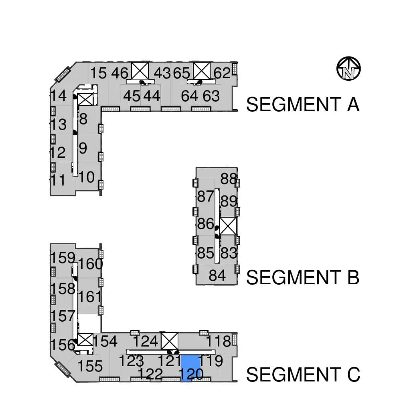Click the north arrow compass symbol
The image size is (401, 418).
pyautogui.click(x=348, y=69)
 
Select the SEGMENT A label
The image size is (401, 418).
pyautogui.click(x=303, y=104)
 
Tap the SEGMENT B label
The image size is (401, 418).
pyautogui.click(x=303, y=277)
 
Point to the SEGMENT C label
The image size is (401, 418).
pyautogui.click(x=303, y=374)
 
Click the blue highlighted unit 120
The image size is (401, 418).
pyautogui.click(x=190, y=369)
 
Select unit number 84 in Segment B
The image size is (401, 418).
pyautogui.click(x=217, y=275)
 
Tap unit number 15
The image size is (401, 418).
pyautogui.click(x=99, y=73)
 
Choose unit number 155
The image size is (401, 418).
pyautogui.click(x=90, y=366)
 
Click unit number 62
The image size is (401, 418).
pyautogui.click(x=222, y=73)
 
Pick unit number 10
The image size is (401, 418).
pyautogui.click(x=87, y=177)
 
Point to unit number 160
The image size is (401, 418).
pyautogui.click(x=90, y=264)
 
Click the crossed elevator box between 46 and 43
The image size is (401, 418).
pyautogui.click(x=140, y=70)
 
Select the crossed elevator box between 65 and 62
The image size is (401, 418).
pyautogui.click(x=202, y=70)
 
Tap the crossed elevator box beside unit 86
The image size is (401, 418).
pyautogui.click(x=228, y=226)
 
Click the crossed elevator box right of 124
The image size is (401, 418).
pyautogui.click(x=170, y=341)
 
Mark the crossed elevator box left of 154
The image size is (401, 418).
pyautogui.click(x=85, y=340)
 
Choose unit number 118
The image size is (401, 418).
pyautogui.click(x=219, y=341)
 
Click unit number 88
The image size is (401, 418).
pyautogui.click(x=229, y=179)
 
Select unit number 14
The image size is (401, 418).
pyautogui.click(x=58, y=96)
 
